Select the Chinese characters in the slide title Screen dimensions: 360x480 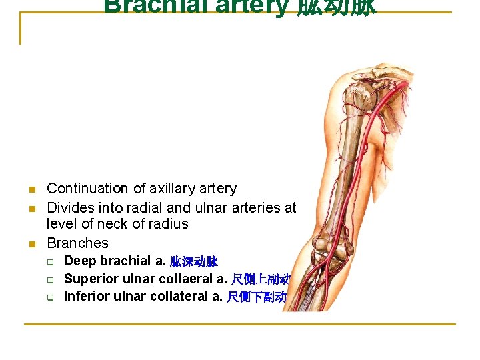pos(336,7)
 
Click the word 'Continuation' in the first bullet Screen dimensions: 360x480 pos(87,189)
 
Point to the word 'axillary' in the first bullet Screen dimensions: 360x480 pos(168,189)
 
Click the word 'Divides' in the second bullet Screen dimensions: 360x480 pos(70,208)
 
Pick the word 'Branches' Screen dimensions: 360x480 pos(77,243)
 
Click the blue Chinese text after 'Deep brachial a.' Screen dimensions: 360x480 pos(193,261)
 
